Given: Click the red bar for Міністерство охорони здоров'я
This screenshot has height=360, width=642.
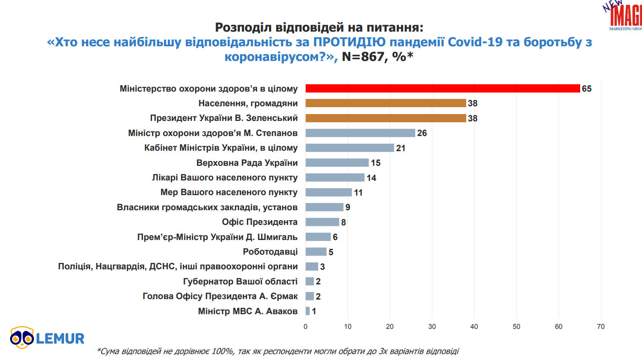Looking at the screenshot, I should click(442, 88).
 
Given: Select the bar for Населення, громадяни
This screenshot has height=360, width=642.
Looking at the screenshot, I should click(386, 103).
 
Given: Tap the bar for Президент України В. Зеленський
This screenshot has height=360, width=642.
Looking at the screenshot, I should click(386, 118).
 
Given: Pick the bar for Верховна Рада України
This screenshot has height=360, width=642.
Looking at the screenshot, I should click(337, 163).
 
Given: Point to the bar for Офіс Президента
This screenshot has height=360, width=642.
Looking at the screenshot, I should click(322, 222).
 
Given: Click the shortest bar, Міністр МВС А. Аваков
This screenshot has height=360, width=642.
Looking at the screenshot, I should click(308, 311).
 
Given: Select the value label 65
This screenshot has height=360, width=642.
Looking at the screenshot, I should click(587, 88).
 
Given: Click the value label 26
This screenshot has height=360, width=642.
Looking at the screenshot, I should click(422, 133).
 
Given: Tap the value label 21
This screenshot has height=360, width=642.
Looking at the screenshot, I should click(401, 148).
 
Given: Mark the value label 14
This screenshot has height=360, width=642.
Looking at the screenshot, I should click(371, 178).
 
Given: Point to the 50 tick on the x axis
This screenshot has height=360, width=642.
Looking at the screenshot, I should click(517, 327).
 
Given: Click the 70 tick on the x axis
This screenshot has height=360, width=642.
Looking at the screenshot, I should click(601, 327).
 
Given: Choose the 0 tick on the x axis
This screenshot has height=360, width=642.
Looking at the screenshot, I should click(305, 327).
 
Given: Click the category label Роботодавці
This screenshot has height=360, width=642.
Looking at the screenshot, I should click(270, 251).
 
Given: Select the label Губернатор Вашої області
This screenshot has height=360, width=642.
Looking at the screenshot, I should click(240, 281).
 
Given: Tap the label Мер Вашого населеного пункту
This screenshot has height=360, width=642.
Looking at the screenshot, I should click(229, 192).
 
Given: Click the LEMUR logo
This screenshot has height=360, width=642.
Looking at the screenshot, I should click(47, 338).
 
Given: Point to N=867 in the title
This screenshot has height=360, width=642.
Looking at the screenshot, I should click(365, 56).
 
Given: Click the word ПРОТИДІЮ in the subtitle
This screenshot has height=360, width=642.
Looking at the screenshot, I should click(345, 43).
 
